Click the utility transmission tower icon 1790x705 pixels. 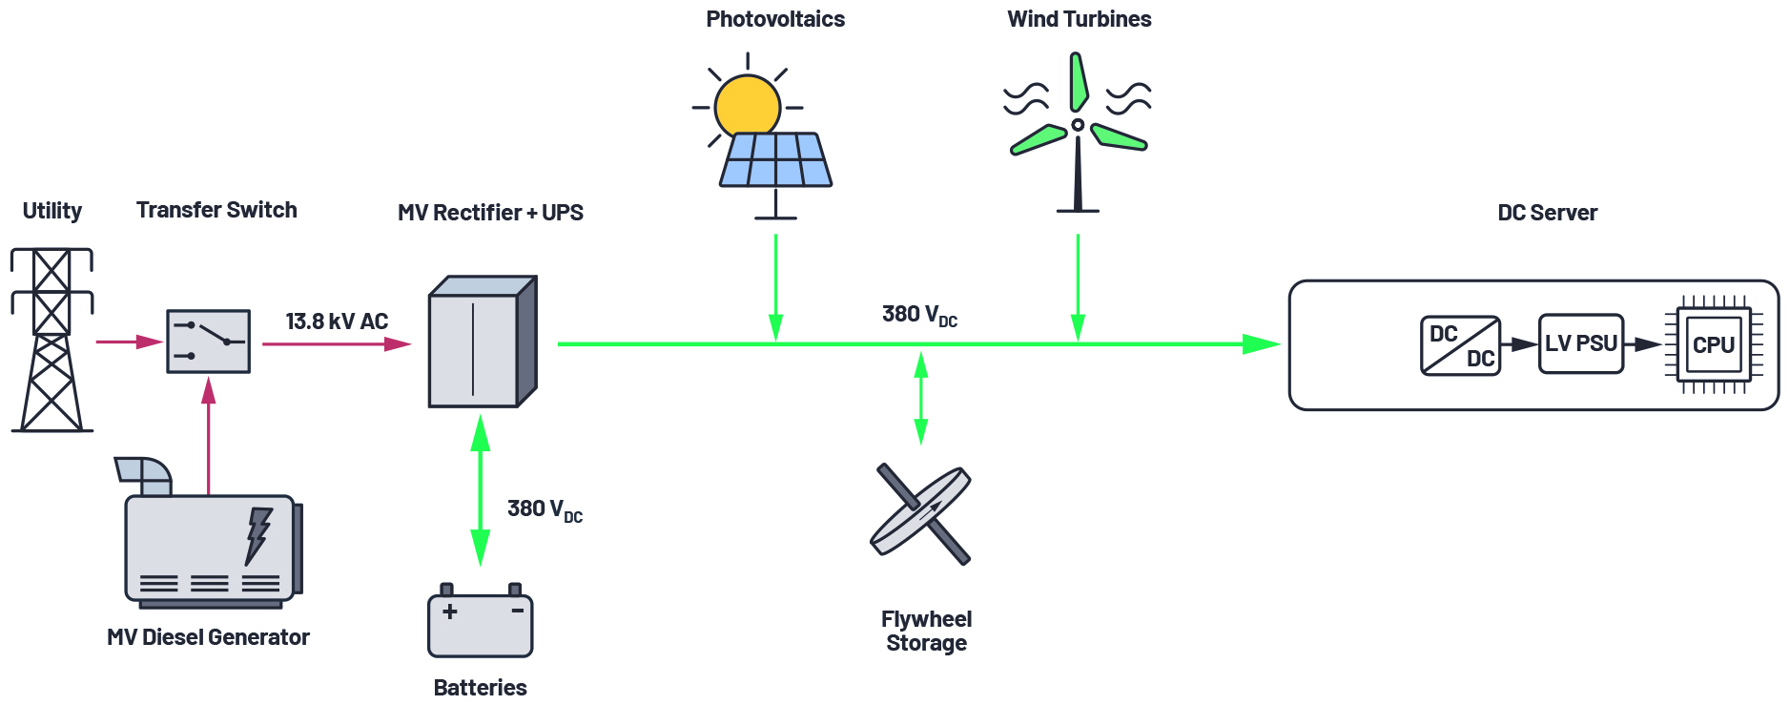click(x=51, y=340)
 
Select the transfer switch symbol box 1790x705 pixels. click(x=208, y=341)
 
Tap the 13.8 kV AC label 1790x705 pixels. click(x=337, y=321)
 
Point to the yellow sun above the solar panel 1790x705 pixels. click(x=747, y=105)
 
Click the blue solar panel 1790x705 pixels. click(x=775, y=159)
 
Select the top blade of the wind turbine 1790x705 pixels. click(x=1079, y=82)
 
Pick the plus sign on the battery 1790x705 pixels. click(x=450, y=611)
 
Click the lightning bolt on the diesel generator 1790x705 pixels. click(x=257, y=534)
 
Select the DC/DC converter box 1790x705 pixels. click(x=1460, y=345)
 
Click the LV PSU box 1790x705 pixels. click(x=1580, y=343)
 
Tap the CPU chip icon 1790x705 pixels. click(x=1713, y=344)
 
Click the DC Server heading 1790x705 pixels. click(x=1547, y=213)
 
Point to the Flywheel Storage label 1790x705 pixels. click(x=926, y=631)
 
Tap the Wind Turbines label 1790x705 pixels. click(x=1079, y=19)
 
